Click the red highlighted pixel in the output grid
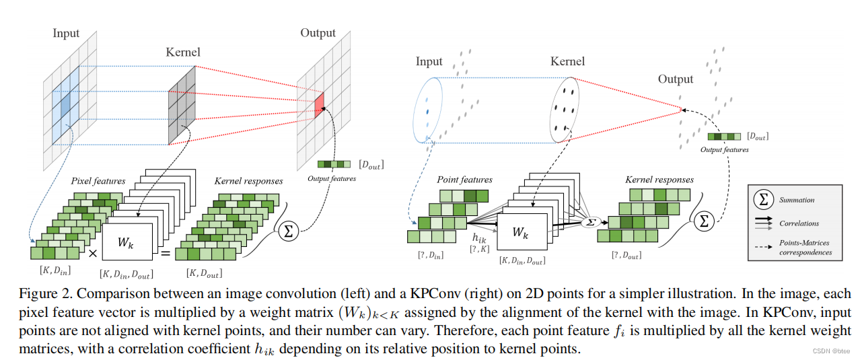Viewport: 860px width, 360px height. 319,103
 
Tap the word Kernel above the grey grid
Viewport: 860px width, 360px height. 182,52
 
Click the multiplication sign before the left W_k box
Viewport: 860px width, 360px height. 93,253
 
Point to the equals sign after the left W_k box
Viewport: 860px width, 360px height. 164,253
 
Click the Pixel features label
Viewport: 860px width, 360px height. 99,182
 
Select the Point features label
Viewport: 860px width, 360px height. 464,180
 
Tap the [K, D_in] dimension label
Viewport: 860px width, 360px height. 56,270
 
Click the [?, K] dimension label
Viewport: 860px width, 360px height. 479,249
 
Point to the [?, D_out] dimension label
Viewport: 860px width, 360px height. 626,255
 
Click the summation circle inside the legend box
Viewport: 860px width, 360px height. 763,200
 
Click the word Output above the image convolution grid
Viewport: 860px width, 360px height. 318,33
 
